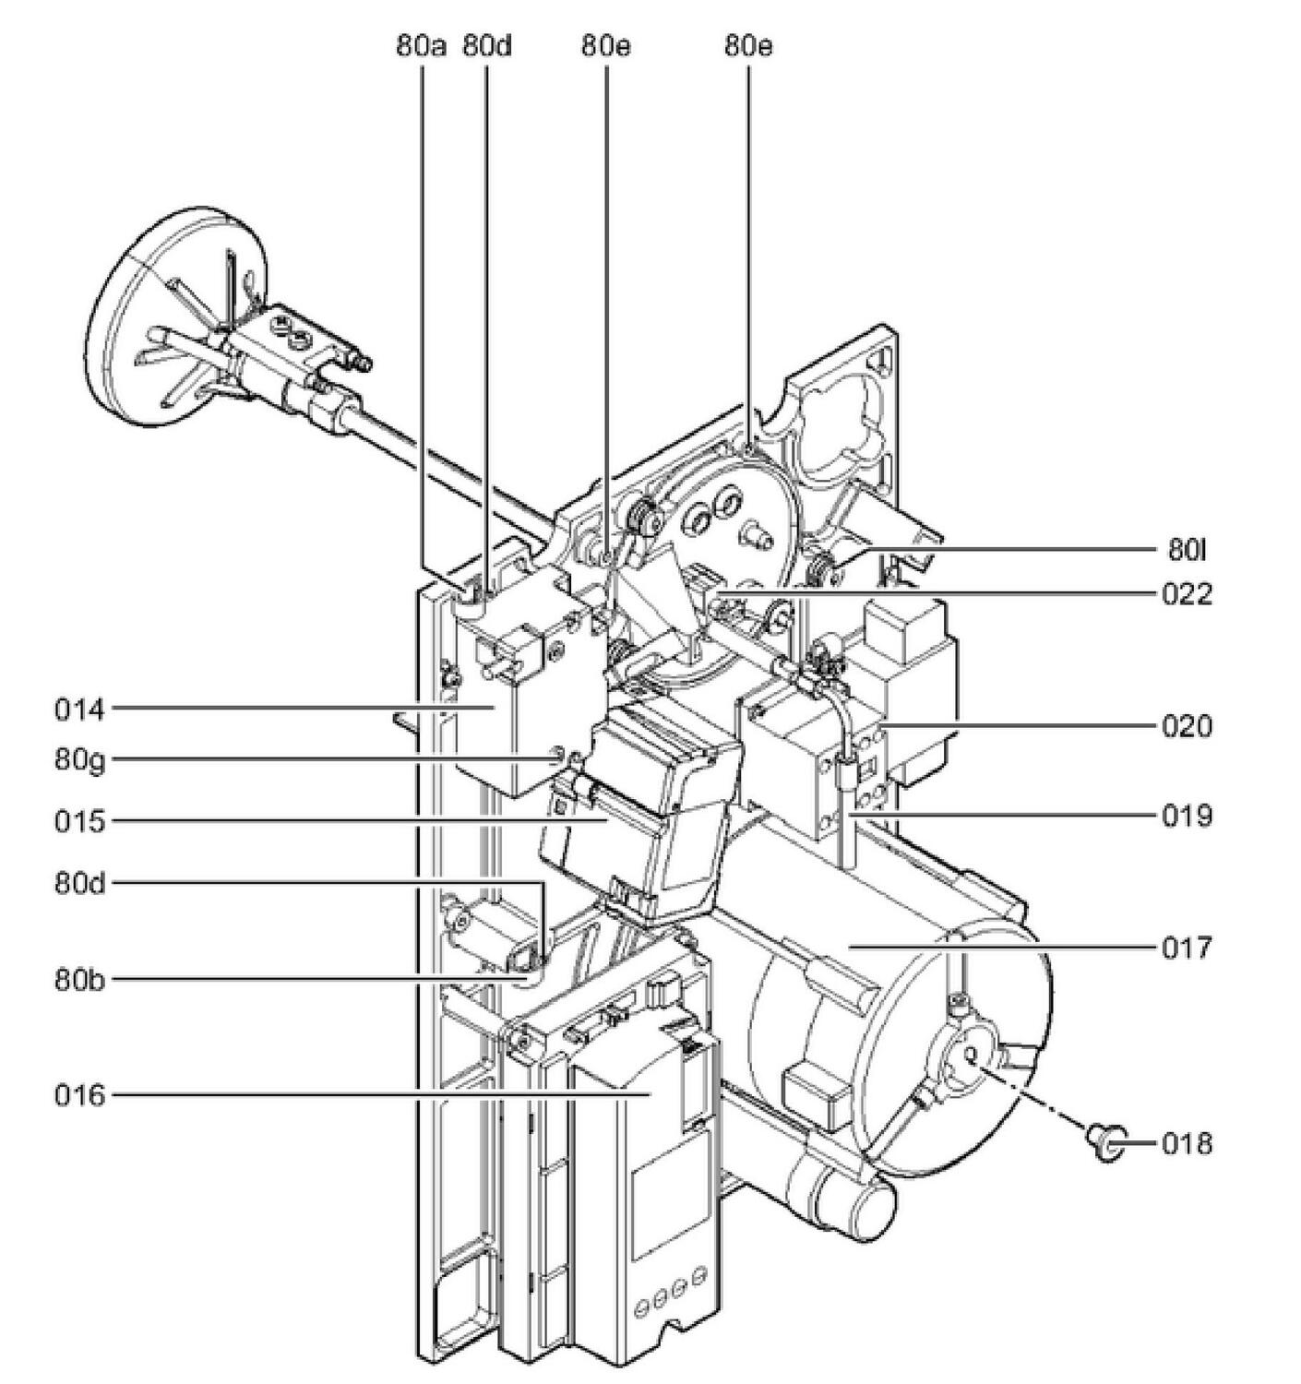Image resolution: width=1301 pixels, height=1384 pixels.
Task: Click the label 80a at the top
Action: [422, 46]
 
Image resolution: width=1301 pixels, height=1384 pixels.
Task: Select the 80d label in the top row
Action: [486, 46]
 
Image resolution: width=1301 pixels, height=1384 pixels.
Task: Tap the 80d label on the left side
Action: [80, 883]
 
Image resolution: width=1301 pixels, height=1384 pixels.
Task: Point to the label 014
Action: [80, 710]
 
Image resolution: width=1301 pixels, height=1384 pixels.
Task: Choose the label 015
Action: [80, 820]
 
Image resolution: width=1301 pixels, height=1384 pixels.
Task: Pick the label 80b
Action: [80, 979]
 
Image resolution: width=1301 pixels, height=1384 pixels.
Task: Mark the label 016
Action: [80, 1095]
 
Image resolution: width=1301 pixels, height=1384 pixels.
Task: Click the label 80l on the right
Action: [1187, 551]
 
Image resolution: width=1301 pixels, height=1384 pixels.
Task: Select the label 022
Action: [1187, 593]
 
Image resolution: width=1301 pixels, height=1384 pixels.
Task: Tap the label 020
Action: [1187, 726]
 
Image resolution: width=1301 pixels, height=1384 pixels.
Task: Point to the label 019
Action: [1187, 816]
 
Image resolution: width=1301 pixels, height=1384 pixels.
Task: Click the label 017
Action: [1187, 948]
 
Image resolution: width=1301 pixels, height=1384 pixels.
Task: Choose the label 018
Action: [1187, 1144]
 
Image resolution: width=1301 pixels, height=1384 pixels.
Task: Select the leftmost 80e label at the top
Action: [606, 46]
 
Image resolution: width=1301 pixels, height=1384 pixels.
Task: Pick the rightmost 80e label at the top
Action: [748, 46]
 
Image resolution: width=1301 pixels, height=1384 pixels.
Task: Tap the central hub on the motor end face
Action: [966, 1061]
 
